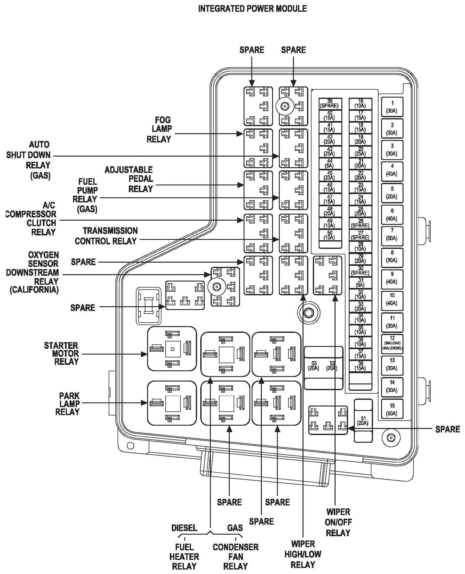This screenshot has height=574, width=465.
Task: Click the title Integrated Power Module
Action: (x=252, y=9)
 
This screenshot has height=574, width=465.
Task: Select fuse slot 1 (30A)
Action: (x=392, y=107)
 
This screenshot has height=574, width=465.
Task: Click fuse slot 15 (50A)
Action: (x=392, y=410)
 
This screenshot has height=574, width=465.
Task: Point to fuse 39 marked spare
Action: (x=330, y=104)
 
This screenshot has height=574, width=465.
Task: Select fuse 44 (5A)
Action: (x=330, y=163)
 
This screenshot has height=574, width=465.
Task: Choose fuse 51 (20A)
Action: (x=363, y=421)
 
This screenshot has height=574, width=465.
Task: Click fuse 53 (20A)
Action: (x=314, y=366)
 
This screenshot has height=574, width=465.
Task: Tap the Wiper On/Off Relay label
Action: (x=338, y=522)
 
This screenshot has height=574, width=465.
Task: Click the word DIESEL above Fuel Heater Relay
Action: (x=184, y=528)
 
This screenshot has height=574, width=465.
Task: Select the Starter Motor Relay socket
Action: (x=172, y=349)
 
